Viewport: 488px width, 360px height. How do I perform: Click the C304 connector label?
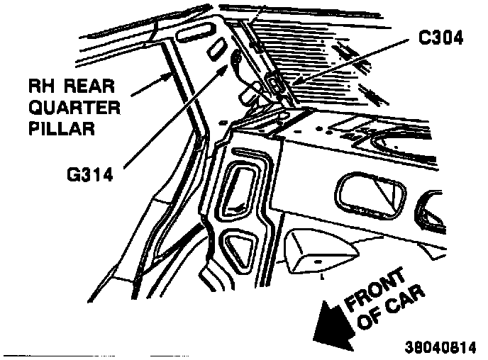pyautogui.click(x=440, y=40)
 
